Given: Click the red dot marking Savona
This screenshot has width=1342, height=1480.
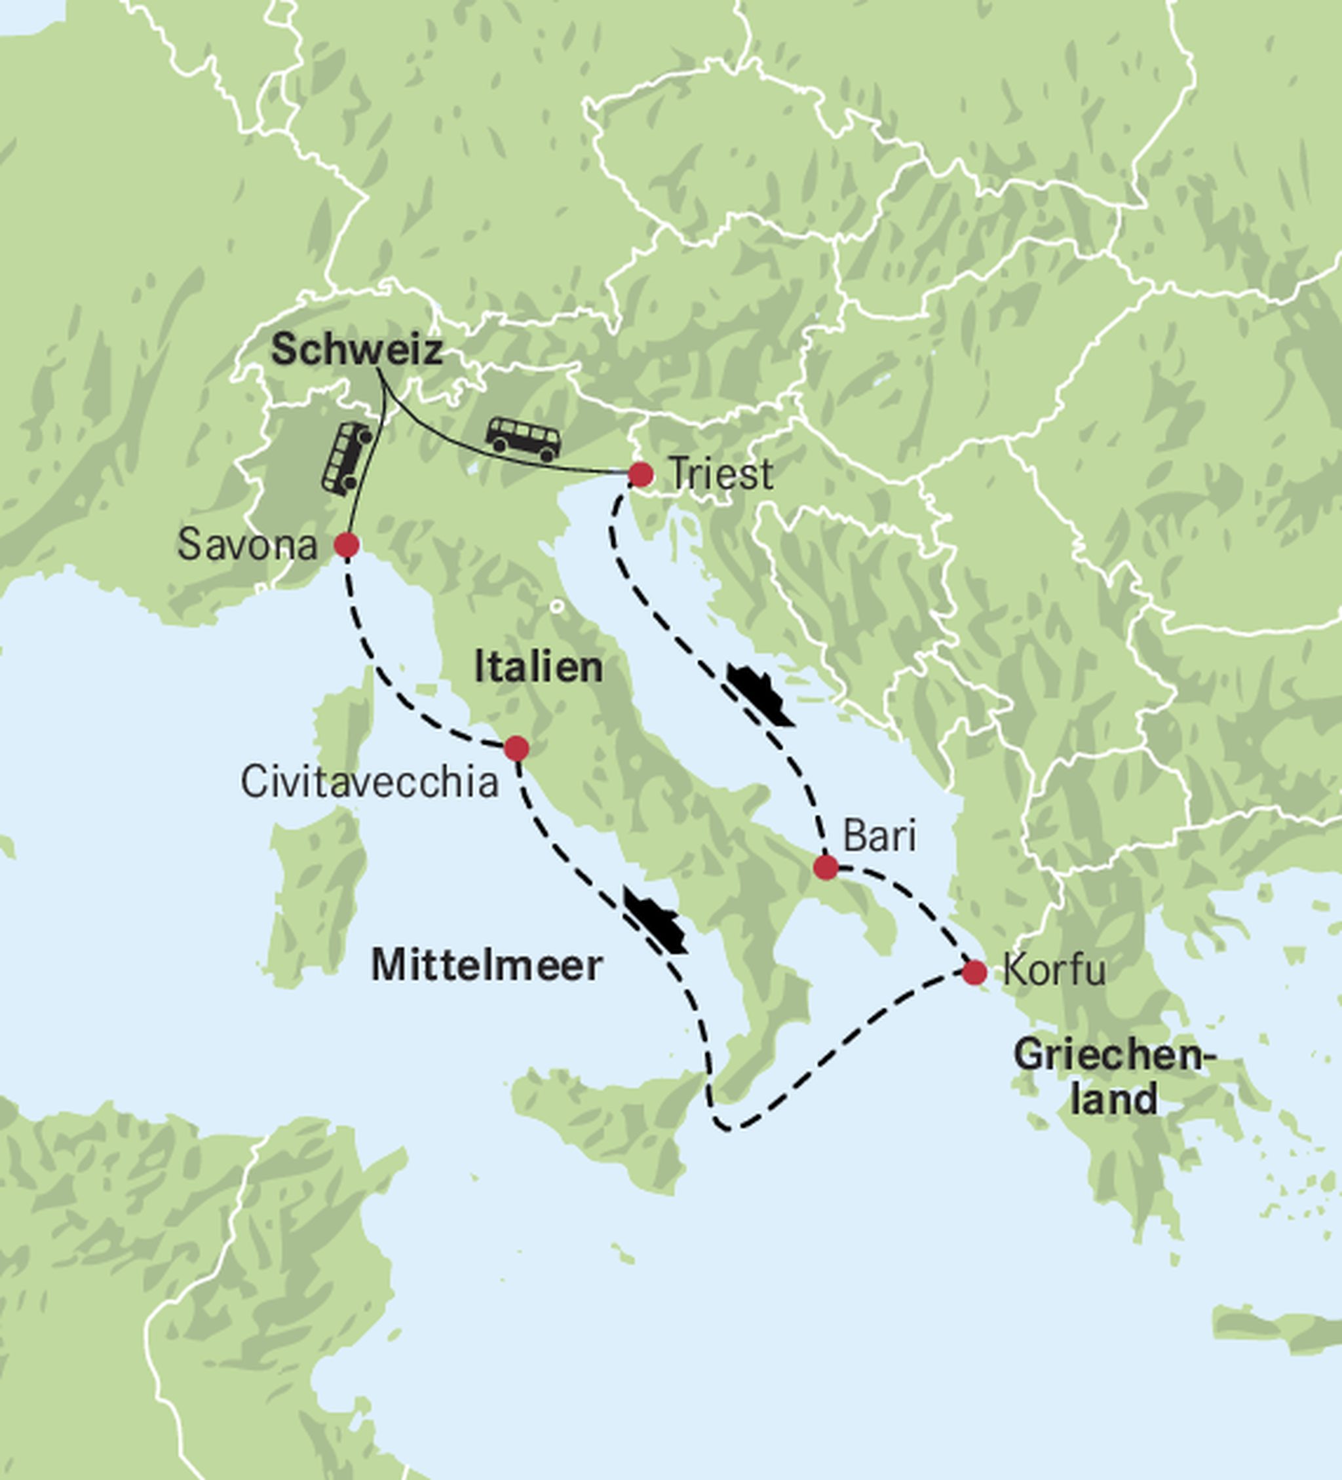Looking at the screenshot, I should pos(347,546).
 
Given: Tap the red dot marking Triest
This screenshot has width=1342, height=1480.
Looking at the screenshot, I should pos(641,474).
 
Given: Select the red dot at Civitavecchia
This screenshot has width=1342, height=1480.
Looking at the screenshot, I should pos(516,749).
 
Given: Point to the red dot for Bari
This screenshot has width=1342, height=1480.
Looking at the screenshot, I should pos(826,867).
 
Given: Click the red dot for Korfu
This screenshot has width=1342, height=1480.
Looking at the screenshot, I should pos(974,972).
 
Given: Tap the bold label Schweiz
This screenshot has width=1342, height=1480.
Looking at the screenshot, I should pos(356,349).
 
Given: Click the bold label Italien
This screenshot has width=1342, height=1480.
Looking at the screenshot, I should pos(538,668).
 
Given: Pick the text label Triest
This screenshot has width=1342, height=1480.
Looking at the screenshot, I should pos(721,474).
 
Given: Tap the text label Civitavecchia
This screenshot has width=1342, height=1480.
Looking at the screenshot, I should pos(370,782).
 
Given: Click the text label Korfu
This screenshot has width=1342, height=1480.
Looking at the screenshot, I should pos(1054,970).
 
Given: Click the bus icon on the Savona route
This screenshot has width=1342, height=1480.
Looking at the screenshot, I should pos(347,459).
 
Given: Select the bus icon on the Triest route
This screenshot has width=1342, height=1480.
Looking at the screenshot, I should pos(524,439).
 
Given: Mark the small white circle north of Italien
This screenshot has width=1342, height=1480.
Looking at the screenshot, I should pos(557,607).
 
